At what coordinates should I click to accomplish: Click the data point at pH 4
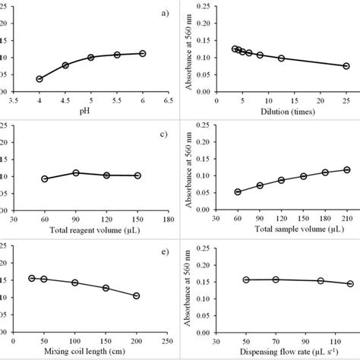click(x=39, y=79)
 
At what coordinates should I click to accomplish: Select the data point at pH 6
click(x=143, y=54)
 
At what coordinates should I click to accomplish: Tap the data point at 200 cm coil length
click(x=136, y=295)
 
